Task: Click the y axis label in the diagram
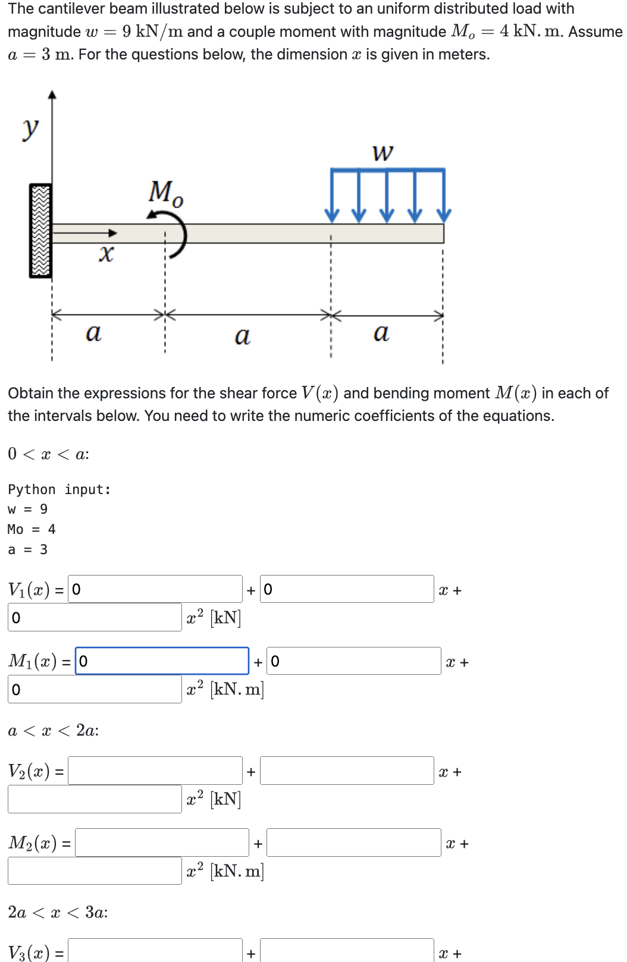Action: click(x=30, y=128)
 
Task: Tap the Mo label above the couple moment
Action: click(x=165, y=193)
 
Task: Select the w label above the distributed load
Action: click(x=383, y=153)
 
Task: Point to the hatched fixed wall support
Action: click(x=40, y=231)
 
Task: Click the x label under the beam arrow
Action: click(x=106, y=254)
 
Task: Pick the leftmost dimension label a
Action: click(x=93, y=332)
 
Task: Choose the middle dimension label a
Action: click(x=242, y=336)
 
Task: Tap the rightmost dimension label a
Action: click(x=381, y=332)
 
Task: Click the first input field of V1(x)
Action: click(x=155, y=589)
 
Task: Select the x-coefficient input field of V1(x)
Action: click(x=347, y=589)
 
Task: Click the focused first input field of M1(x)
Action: click(x=162, y=661)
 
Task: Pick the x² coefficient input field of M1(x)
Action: click(x=95, y=690)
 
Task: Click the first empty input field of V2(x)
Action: click(x=155, y=771)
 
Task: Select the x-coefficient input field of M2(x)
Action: click(x=353, y=843)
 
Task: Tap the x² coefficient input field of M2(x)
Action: click(x=95, y=871)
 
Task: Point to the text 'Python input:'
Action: click(x=59, y=489)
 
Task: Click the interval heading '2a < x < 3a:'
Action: click(x=58, y=912)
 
